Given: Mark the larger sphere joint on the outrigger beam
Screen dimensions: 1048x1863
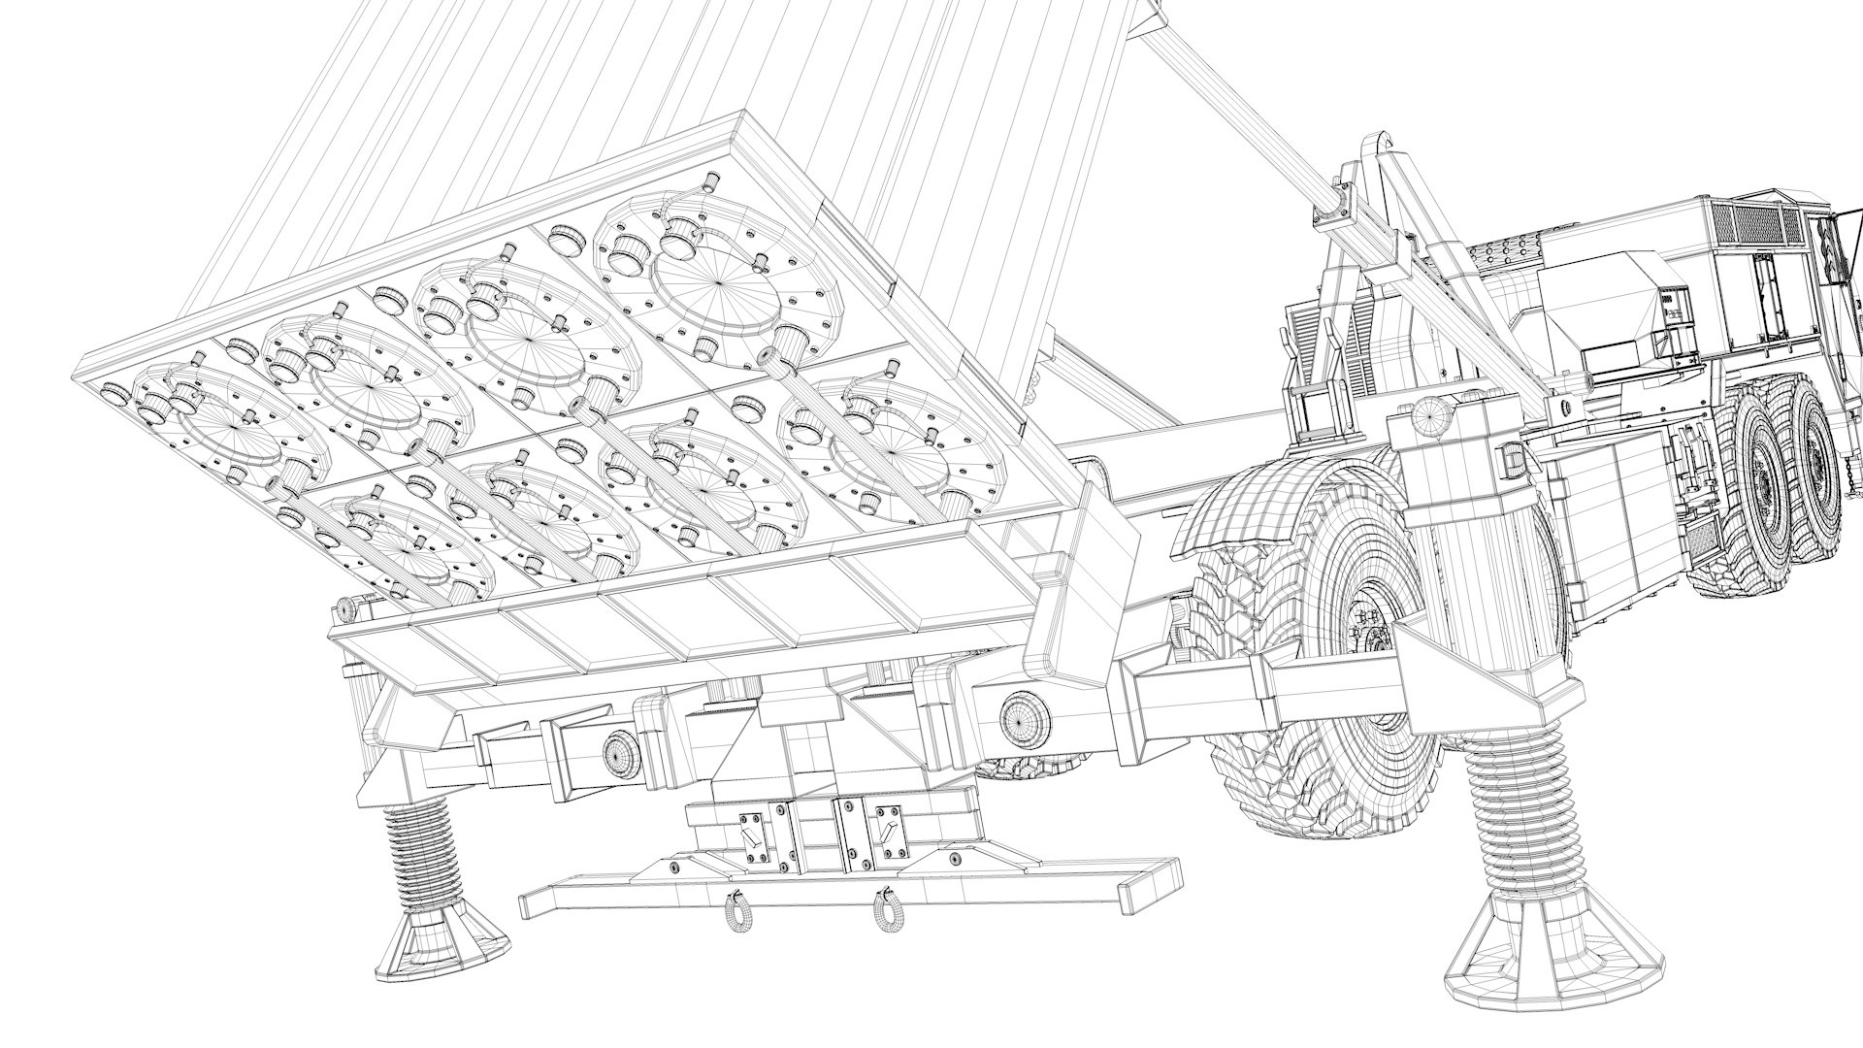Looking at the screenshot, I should click(x=1025, y=721).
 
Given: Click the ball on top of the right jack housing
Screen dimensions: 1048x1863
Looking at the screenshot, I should click(x=1427, y=414).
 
